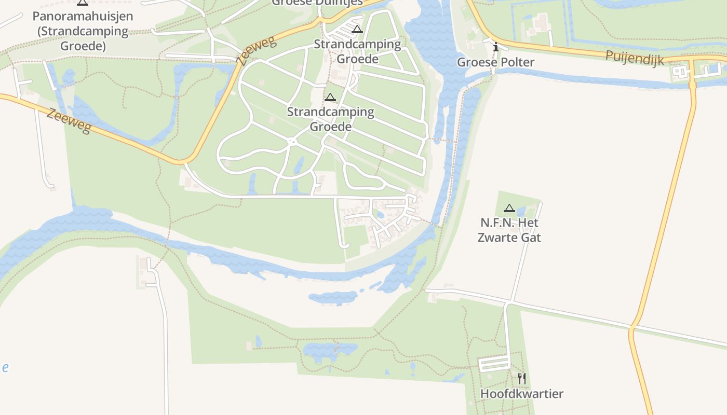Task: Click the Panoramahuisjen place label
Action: tap(83, 16)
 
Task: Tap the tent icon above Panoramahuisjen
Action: tap(83, 2)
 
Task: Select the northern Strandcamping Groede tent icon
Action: tap(356, 29)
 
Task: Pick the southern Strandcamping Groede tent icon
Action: tap(330, 97)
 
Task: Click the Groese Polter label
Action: tap(495, 62)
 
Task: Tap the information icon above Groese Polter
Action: tap(496, 47)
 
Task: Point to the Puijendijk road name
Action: tap(635, 58)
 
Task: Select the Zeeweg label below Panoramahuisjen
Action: tap(69, 120)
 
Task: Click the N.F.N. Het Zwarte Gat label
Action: tap(509, 230)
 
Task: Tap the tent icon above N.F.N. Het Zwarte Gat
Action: tap(509, 209)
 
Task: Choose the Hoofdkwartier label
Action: tap(521, 394)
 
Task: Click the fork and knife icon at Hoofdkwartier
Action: tap(522, 379)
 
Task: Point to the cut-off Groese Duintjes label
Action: tap(310, 3)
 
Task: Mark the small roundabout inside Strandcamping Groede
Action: tap(292, 141)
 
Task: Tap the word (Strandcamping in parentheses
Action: tap(83, 31)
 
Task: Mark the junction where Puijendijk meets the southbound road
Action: tap(692, 60)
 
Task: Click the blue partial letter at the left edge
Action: tap(5, 368)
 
